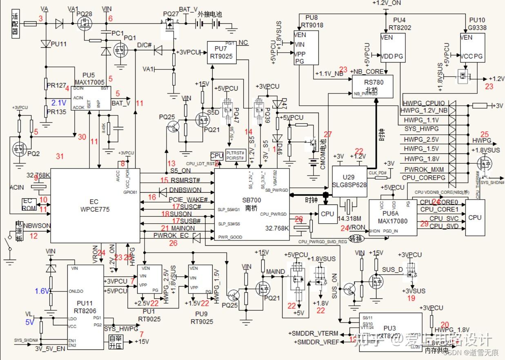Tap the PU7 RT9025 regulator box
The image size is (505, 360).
tap(222, 52)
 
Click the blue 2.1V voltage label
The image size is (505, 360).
tap(59, 102)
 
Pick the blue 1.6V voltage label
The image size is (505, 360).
tap(42, 291)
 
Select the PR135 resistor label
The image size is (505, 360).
tap(56, 111)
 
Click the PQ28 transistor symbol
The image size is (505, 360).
tap(85, 24)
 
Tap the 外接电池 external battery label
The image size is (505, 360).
tap(210, 14)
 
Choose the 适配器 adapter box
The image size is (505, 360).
tap(15, 24)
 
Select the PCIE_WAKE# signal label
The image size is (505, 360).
tap(188, 200)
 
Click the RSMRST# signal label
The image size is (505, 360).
tap(185, 180)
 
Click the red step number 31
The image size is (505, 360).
tap(60, 156)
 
